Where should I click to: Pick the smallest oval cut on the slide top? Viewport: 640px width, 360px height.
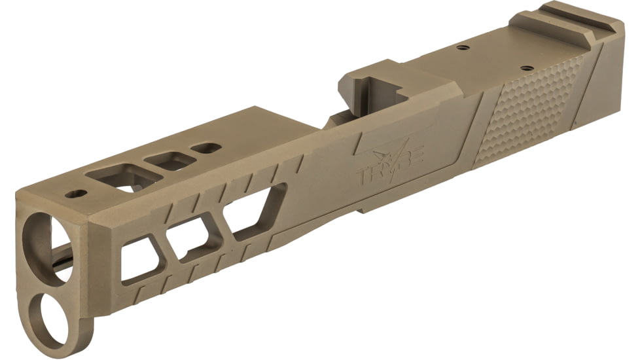pyautogui.click(x=207, y=147)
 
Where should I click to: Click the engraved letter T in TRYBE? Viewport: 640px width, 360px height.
pyautogui.click(x=363, y=175)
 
